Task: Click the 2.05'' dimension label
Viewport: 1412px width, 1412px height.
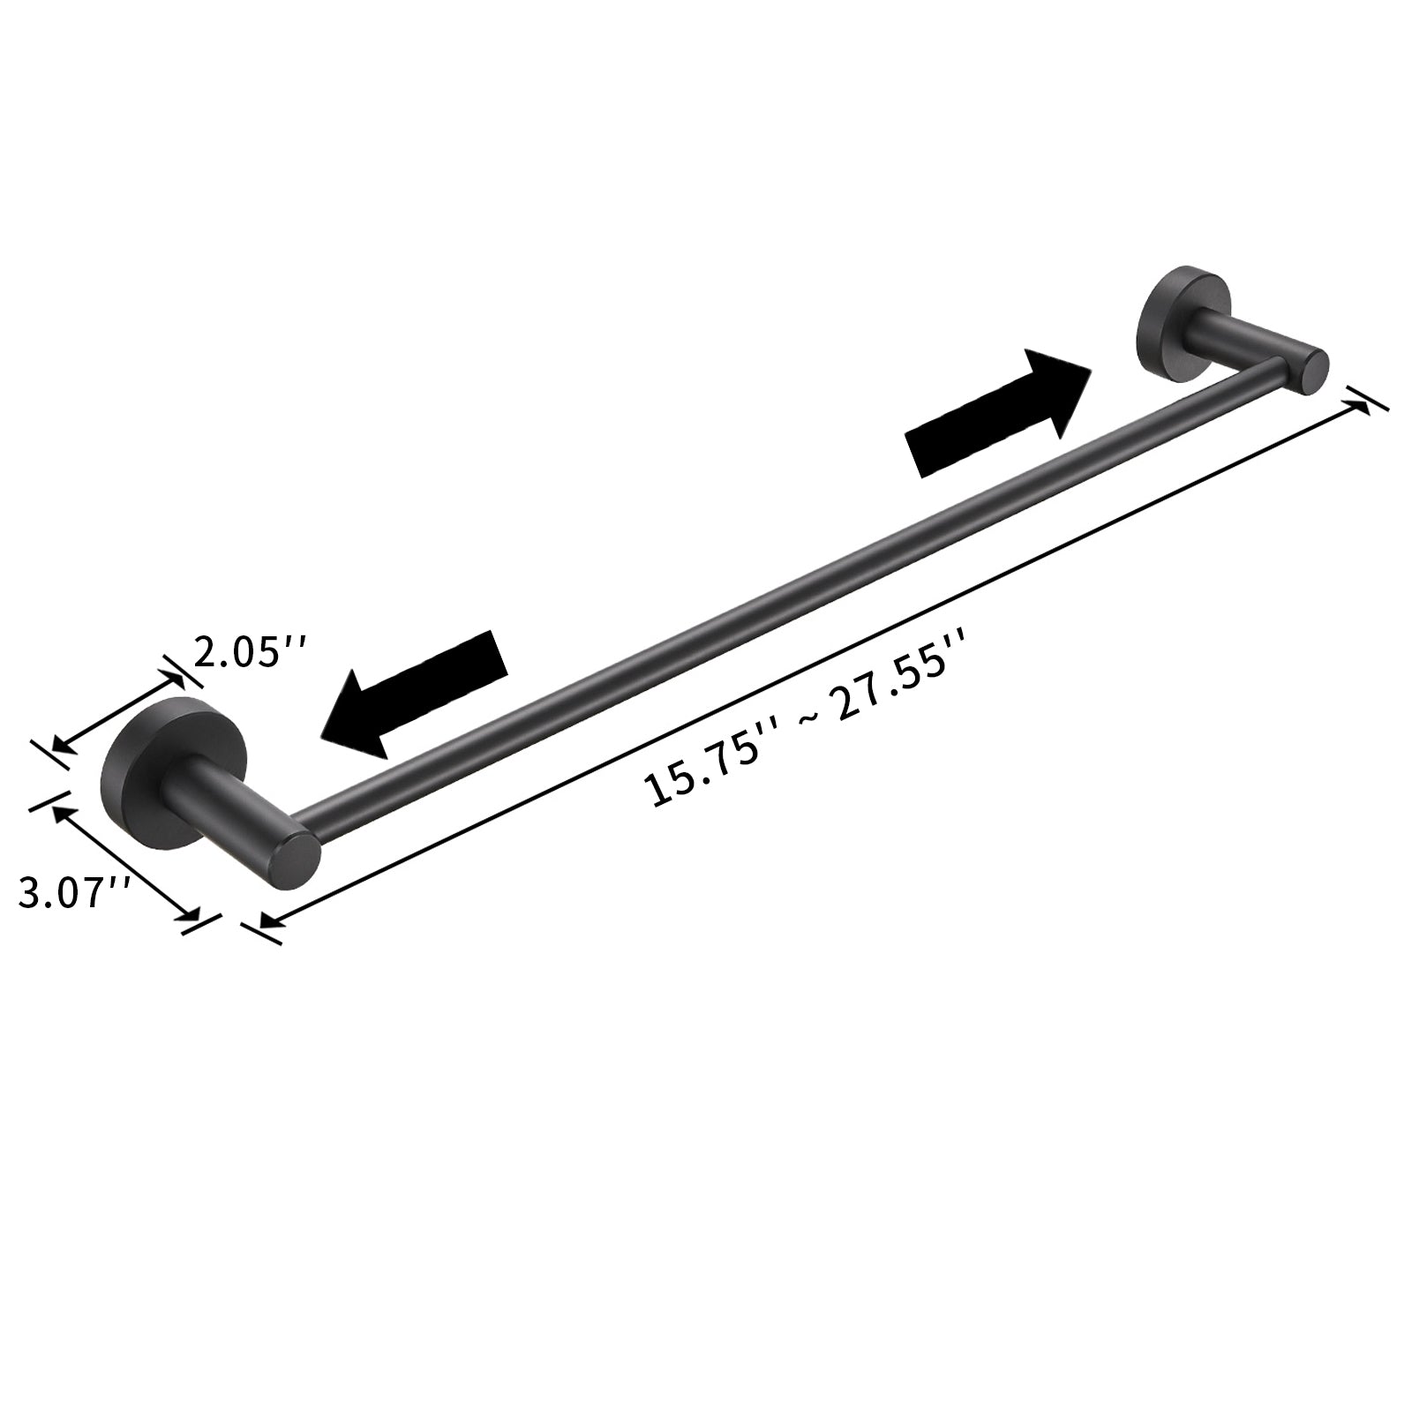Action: pyautogui.click(x=251, y=655)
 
